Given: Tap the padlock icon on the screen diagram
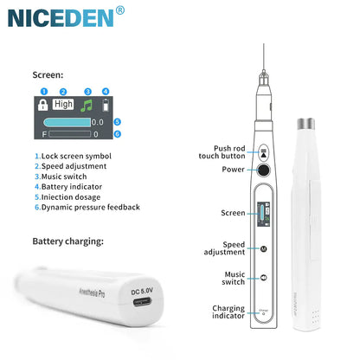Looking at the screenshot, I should [x=42, y=106].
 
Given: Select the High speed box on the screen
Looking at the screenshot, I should [x=63, y=104].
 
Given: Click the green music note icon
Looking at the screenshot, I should [x=86, y=105].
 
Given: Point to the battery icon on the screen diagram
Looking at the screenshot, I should [x=106, y=105].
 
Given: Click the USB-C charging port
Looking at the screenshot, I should [x=140, y=302].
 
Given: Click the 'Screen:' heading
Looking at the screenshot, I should [x=47, y=75].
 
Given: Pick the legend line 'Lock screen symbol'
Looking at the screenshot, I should [x=75, y=155].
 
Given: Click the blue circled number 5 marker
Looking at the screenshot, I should [x=117, y=123].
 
